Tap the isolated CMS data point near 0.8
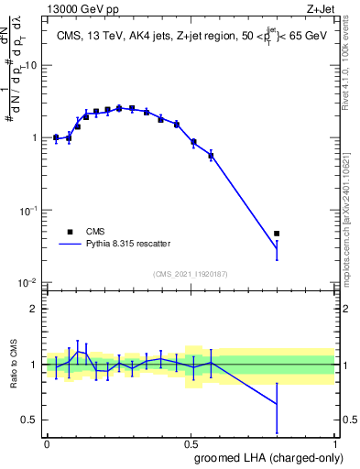[x=277, y=234]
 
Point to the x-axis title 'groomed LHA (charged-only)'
[x=265, y=458]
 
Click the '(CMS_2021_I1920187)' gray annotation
[x=190, y=273]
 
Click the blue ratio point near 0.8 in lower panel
[x=277, y=404]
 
